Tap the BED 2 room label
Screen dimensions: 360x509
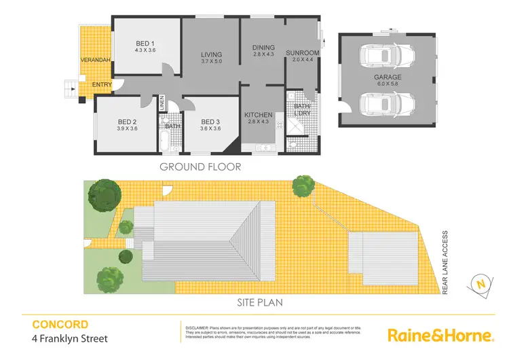(x=128, y=124)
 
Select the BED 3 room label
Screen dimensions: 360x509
(x=211, y=124)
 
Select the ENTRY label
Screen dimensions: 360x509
(x=102, y=85)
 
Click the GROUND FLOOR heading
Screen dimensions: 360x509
(x=200, y=166)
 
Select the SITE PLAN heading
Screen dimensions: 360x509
(x=260, y=303)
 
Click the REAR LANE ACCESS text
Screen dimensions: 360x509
(x=445, y=262)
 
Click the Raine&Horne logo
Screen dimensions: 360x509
(x=439, y=335)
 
